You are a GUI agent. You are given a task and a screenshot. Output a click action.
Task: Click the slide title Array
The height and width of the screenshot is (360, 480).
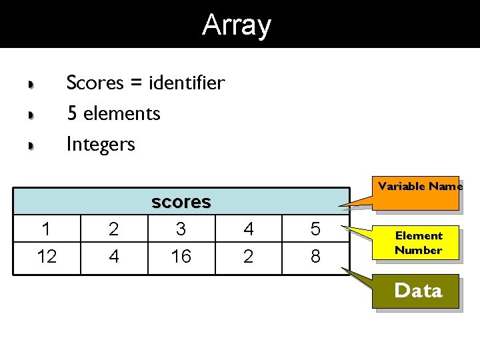pos(237,25)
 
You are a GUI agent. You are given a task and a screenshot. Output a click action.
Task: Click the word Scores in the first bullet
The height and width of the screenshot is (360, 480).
pos(95,83)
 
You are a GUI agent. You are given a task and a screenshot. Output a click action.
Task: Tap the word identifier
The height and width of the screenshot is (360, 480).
pos(187,83)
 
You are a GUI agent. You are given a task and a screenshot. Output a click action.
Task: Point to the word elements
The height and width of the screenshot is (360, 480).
pos(122,114)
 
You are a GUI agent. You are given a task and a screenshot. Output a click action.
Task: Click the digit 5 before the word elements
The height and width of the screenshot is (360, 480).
pos(72,114)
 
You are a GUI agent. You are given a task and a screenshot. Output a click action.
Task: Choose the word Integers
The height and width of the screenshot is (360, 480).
pos(101,144)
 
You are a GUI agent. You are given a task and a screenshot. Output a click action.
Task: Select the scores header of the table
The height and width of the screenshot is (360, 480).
pos(181,202)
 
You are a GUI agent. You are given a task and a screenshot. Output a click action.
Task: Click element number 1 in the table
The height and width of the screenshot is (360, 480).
pos(46,230)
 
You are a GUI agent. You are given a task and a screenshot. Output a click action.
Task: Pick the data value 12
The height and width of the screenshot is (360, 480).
pos(47,256)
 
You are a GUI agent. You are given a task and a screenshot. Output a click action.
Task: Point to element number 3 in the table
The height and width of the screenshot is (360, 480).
pos(181,230)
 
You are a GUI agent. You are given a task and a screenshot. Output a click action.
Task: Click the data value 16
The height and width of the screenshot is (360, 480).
pos(181,256)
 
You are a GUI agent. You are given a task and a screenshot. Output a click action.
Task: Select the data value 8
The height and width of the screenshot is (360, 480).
pos(315,256)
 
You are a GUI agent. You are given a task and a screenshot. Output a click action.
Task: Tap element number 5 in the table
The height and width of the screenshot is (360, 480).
pos(315,230)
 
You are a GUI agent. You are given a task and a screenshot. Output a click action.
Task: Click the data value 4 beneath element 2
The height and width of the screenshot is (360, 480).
pos(114,256)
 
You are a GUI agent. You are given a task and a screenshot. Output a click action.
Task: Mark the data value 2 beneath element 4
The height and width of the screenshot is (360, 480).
pos(248,256)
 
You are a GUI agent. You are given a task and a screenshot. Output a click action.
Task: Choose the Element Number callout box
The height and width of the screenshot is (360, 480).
pos(418,243)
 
